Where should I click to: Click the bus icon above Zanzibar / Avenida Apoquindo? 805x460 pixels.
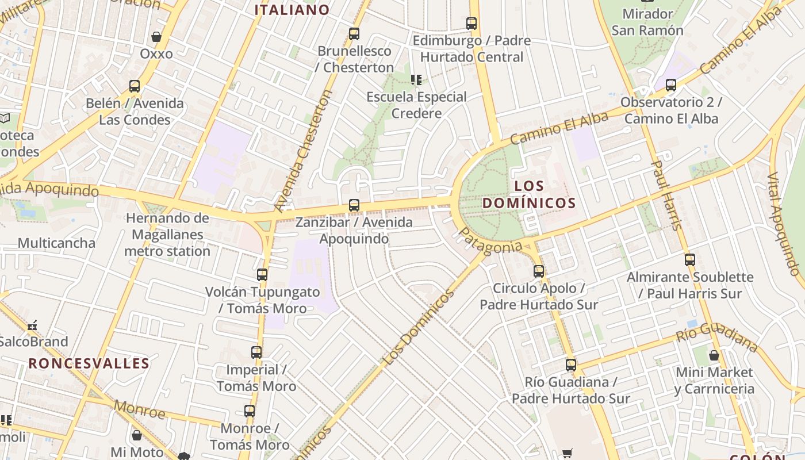point(354,205)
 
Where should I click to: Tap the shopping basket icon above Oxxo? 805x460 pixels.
point(156,37)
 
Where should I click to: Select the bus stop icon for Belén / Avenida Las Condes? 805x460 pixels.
point(135,86)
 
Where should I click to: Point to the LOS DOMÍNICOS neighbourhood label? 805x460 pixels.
point(528,194)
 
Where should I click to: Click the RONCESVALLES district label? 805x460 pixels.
point(89,363)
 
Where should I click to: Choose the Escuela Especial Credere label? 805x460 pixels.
point(416,105)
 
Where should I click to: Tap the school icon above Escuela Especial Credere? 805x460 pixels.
point(416,80)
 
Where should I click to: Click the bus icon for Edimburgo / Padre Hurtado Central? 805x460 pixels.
point(471,24)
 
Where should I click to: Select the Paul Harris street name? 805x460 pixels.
point(666,195)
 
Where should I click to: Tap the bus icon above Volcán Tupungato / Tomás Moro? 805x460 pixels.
point(262,275)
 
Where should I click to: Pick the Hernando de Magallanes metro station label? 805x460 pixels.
point(167,235)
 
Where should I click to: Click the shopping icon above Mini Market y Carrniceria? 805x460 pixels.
point(714,355)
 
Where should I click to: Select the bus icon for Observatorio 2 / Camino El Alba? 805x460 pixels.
point(670,85)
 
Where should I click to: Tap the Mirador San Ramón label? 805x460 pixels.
point(647,22)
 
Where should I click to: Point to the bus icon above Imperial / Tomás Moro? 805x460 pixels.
point(256,352)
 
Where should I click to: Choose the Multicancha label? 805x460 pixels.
point(56,243)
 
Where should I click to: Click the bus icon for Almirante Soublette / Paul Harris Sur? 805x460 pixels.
point(690,260)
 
